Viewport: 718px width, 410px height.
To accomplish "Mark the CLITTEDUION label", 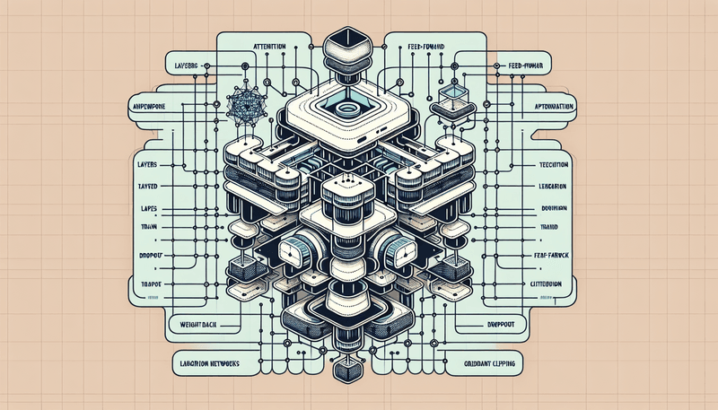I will [x=544, y=284].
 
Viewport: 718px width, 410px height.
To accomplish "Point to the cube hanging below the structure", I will [x=346, y=370].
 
